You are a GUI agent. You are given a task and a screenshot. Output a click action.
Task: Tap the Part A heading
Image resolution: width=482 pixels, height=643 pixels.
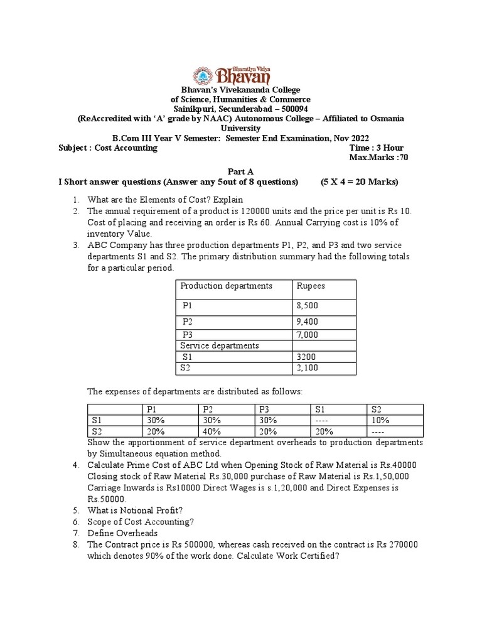[240, 171]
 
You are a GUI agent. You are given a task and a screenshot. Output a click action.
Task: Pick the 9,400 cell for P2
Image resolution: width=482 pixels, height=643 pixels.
[307, 322]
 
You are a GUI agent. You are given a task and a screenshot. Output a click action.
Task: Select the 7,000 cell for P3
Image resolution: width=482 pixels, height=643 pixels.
[307, 335]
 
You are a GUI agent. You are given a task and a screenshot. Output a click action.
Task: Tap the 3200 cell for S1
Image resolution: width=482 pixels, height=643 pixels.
[304, 357]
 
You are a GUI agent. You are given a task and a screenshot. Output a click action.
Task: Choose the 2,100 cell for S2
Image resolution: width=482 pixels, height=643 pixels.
[307, 367]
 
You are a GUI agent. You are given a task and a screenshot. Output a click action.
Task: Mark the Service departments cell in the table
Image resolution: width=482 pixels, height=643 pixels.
[219, 346]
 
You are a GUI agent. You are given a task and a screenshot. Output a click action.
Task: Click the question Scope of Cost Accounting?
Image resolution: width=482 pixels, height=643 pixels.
[140, 522]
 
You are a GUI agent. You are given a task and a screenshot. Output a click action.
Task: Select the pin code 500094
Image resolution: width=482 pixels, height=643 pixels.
[293, 109]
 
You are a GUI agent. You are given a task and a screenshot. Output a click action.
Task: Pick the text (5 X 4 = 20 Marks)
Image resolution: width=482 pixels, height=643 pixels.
[360, 182]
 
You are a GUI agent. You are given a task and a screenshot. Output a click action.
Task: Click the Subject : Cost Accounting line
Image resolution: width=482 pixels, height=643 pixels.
[107, 148]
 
